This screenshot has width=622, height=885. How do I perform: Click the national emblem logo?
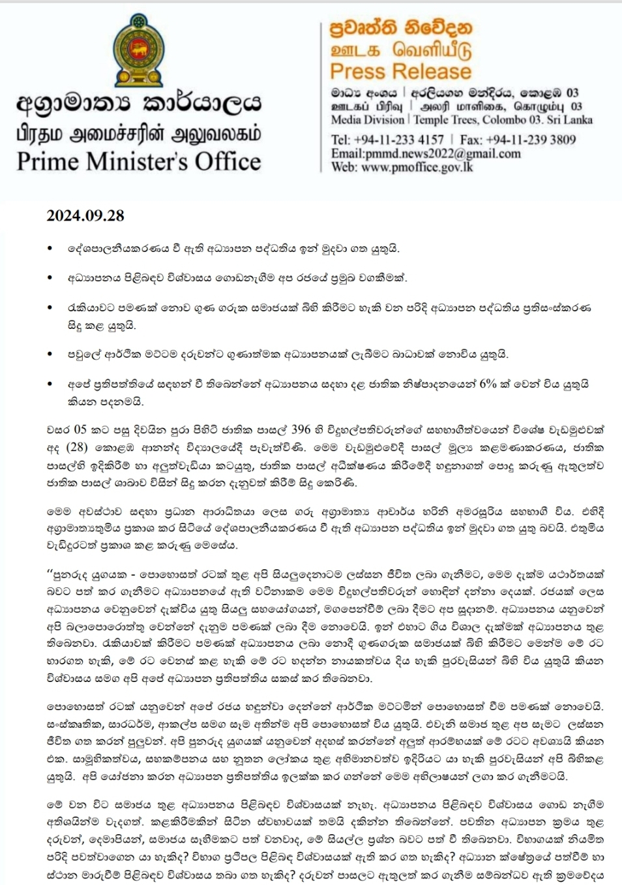tap(138, 51)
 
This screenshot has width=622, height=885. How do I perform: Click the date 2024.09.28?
tap(85, 215)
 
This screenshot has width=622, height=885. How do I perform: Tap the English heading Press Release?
tap(400, 71)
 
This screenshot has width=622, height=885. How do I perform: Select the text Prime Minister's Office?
tap(139, 161)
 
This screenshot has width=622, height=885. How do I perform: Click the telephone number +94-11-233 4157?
tap(398, 139)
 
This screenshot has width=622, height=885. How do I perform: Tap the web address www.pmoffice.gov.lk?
tap(417, 167)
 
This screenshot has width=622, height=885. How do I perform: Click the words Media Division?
tap(368, 119)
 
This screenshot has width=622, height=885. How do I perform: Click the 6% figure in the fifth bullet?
tap(488, 384)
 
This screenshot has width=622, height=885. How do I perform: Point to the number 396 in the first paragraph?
tap(301, 429)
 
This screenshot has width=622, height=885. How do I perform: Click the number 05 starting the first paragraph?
tap(80, 429)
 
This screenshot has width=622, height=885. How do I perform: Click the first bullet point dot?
tap(50, 249)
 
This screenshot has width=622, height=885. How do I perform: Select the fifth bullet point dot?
tap(50, 384)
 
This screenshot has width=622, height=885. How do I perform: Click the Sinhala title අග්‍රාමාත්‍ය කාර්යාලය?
tap(139, 103)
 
